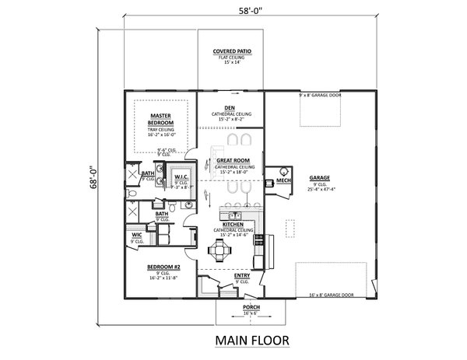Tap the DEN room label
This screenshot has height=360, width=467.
(230, 108)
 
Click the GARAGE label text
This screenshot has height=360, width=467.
(320, 177)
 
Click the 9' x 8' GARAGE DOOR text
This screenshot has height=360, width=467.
(319, 94)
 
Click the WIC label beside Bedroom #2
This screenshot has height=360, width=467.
(136, 236)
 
